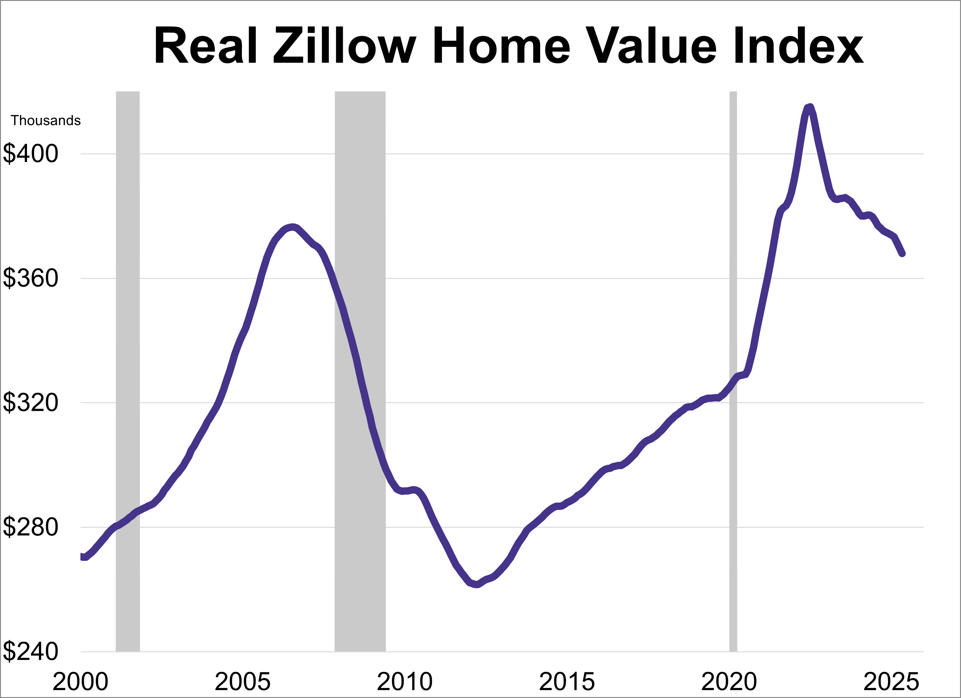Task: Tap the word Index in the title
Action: click(798, 46)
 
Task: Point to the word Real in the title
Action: click(206, 46)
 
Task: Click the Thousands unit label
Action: click(46, 121)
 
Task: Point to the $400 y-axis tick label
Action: click(30, 153)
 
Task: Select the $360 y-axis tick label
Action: click(30, 278)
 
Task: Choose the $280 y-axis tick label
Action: click(30, 527)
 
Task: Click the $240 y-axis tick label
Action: click(30, 651)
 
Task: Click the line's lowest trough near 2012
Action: click(476, 585)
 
